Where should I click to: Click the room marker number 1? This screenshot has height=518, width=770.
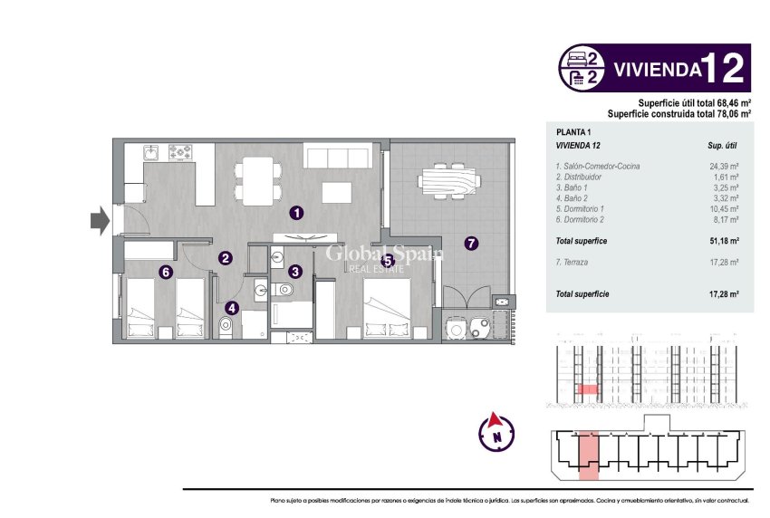(x=295, y=213)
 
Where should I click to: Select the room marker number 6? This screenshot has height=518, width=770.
(x=165, y=270)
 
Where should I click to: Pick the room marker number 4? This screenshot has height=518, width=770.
(x=232, y=307)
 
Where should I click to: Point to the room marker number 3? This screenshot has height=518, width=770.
(x=295, y=270)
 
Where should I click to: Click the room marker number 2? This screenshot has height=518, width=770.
(x=225, y=258)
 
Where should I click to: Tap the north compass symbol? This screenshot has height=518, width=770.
(x=496, y=429)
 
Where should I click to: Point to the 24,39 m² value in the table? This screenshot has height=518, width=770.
(x=723, y=167)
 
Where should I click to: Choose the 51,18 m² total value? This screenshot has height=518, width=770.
(x=722, y=241)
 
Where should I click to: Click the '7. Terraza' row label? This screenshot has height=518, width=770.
(x=576, y=262)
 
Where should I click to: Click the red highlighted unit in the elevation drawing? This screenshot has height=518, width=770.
(x=588, y=389)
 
